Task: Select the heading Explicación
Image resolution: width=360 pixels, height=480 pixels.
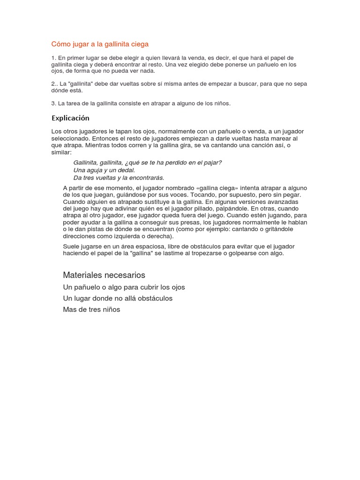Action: [x=70, y=118]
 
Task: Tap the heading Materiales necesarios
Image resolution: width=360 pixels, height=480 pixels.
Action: [x=104, y=275]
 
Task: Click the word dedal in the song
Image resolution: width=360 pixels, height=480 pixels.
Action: [x=126, y=170]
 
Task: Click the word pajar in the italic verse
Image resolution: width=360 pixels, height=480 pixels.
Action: [x=212, y=163]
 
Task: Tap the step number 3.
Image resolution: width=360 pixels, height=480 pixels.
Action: [x=54, y=104]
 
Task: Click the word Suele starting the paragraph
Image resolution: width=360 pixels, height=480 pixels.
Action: [x=71, y=246]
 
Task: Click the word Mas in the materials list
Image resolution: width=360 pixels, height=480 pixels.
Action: [x=69, y=309]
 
